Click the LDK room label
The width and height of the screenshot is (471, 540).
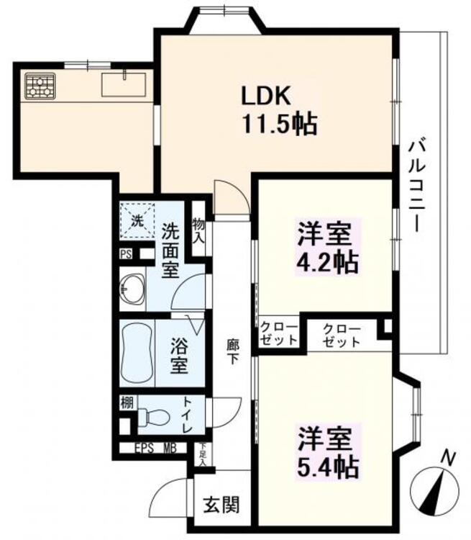coord(267,96)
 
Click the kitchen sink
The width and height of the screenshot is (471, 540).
coord(123,84)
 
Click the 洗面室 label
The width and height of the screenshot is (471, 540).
coord(172,251)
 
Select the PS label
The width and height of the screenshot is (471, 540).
coord(126,253)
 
